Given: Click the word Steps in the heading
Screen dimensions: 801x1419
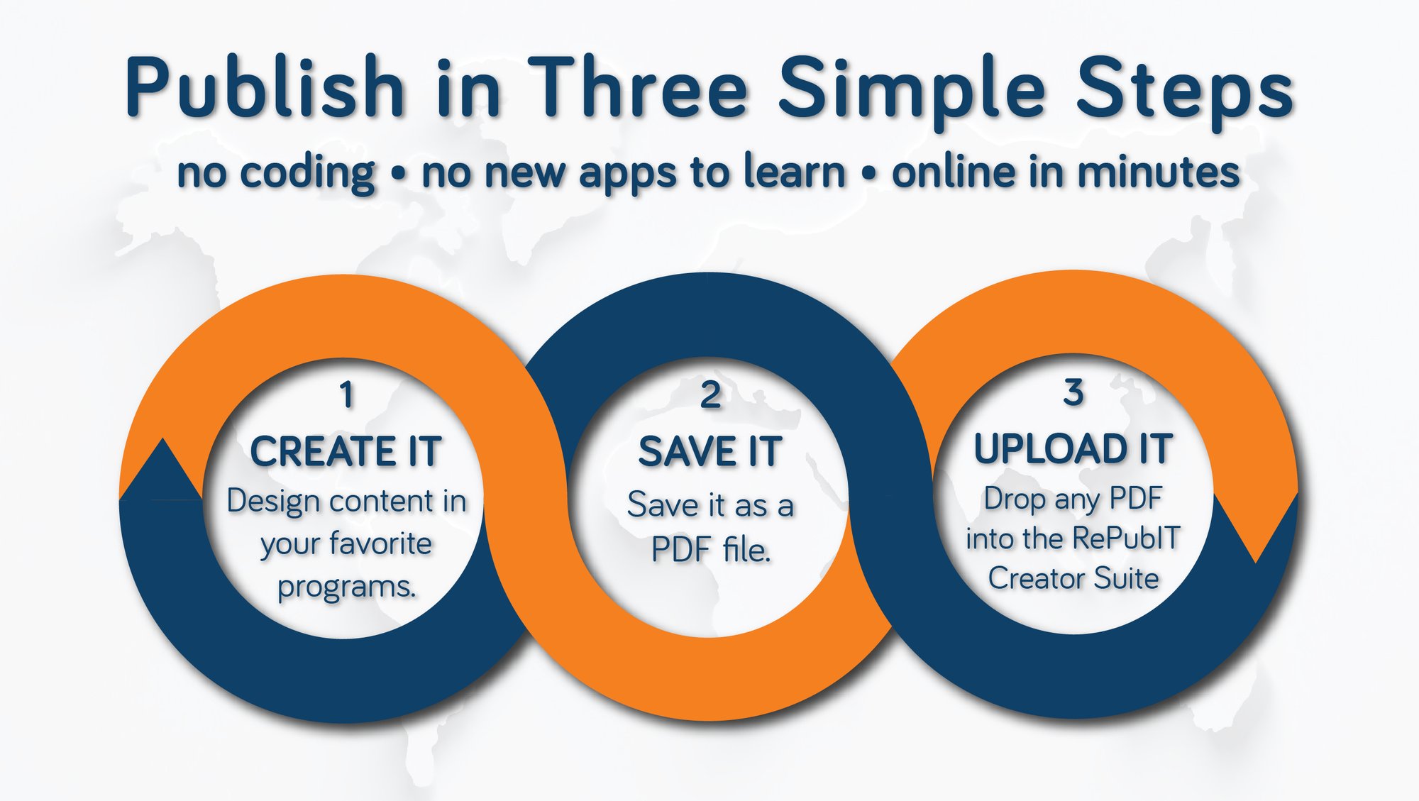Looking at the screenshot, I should (x=1184, y=89).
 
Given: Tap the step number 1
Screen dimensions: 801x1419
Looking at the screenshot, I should (x=346, y=395).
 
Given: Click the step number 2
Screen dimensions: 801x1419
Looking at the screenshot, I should (x=710, y=395).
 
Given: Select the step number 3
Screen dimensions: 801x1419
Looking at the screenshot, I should (x=1073, y=392).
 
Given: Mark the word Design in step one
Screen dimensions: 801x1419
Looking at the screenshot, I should (x=273, y=502).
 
